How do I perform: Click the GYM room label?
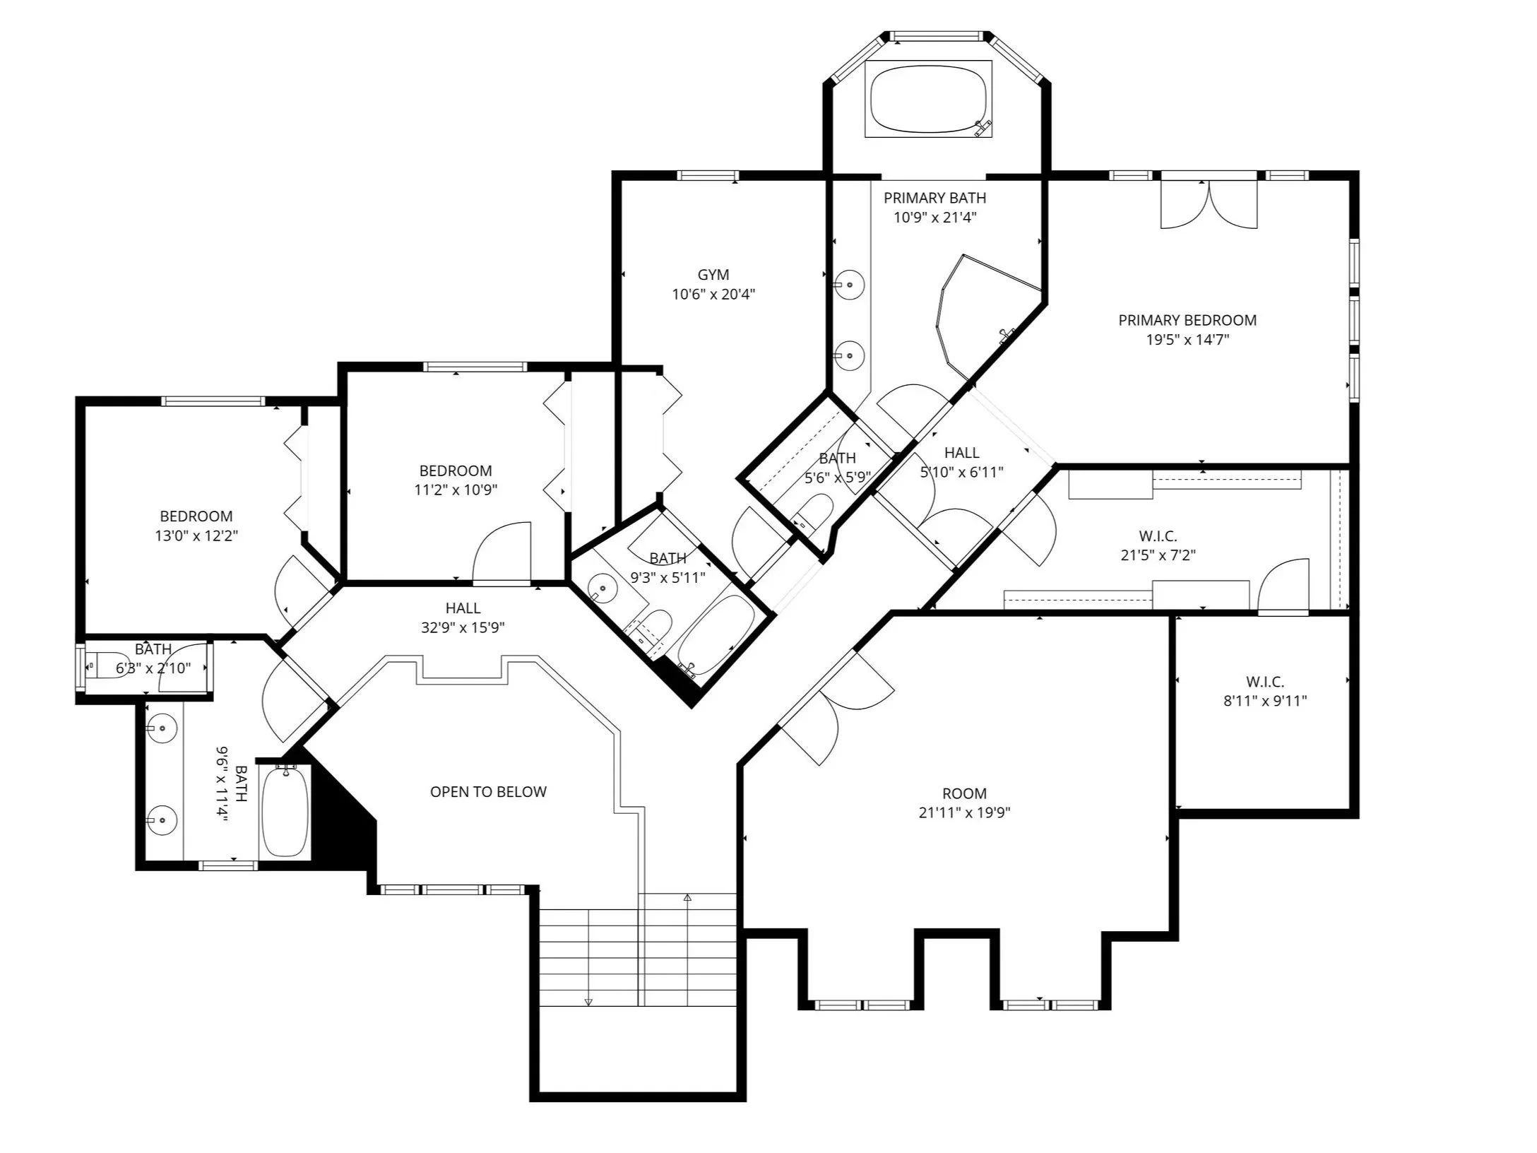click(713, 275)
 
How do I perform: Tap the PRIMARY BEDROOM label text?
click(1187, 320)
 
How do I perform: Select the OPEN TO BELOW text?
click(488, 791)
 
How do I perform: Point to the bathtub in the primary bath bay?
click(928, 98)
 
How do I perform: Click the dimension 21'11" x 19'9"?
click(964, 812)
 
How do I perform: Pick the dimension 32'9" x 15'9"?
click(463, 627)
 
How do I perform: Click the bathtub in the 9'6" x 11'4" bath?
click(285, 812)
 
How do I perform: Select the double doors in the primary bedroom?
click(1209, 204)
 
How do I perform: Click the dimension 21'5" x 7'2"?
click(1158, 555)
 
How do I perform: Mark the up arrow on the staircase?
click(687, 897)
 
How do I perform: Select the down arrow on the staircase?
click(588, 1000)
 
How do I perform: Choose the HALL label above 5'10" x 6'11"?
click(961, 453)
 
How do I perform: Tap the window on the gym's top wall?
click(708, 176)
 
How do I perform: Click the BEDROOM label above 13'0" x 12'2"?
click(196, 516)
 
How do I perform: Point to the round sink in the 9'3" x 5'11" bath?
click(603, 588)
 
